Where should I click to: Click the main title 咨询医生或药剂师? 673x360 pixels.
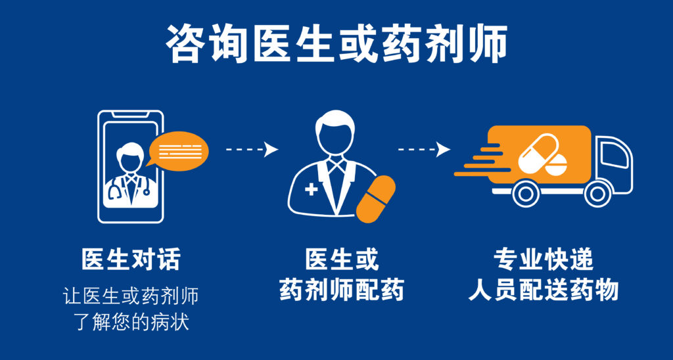click(336, 44)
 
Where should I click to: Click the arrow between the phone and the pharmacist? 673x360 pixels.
click(252, 149)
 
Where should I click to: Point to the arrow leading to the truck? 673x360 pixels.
click(424, 149)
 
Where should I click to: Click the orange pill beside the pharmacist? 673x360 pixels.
click(376, 199)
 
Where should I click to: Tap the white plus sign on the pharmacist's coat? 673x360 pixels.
click(311, 189)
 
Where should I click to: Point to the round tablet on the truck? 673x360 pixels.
click(556, 166)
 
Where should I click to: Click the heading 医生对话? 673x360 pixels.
click(131, 259)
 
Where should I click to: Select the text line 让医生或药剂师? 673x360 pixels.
click(131, 296)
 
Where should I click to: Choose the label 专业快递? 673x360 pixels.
click(543, 259)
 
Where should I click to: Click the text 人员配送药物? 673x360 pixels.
click(543, 290)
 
